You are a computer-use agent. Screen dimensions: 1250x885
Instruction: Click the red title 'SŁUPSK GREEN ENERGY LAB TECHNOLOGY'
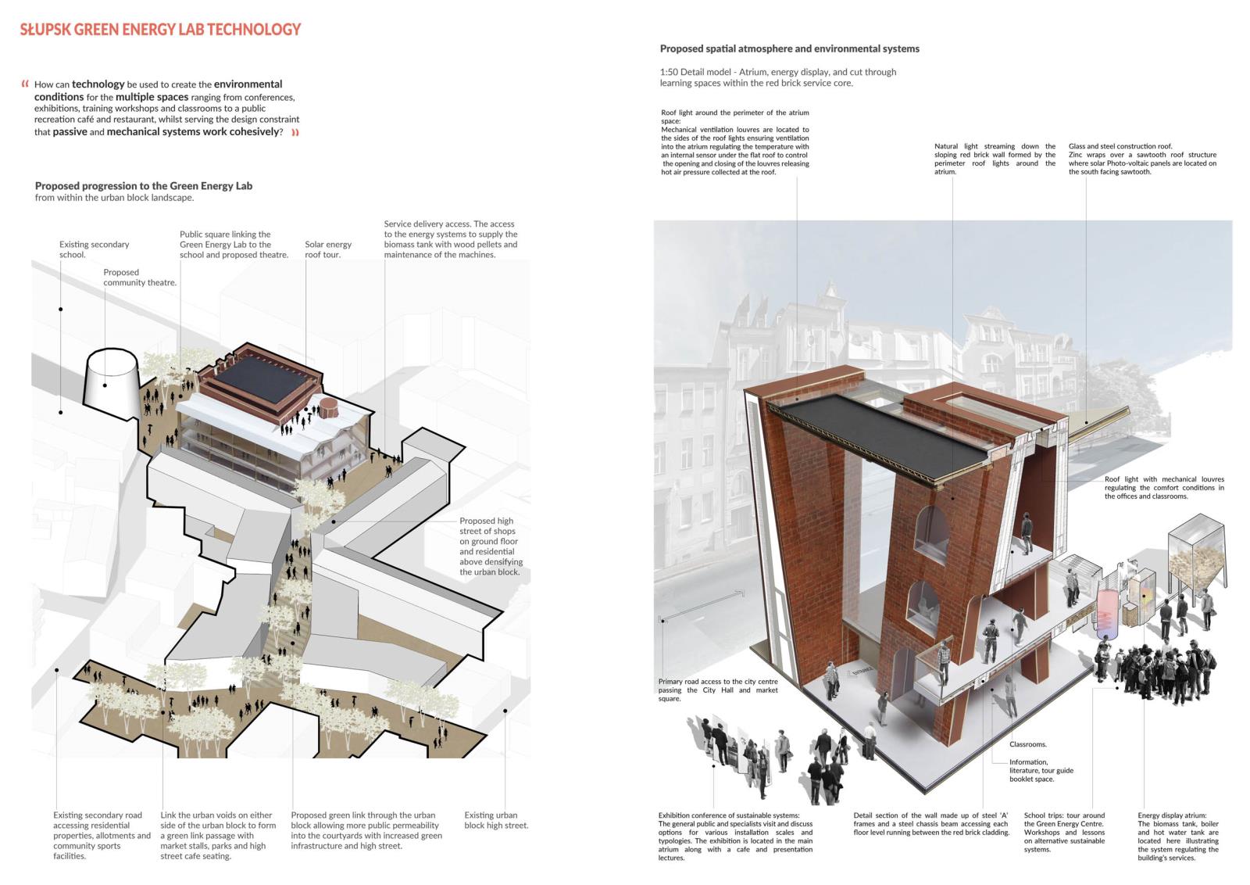(160, 30)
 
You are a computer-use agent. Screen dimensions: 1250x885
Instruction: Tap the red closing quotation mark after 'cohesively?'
(296, 132)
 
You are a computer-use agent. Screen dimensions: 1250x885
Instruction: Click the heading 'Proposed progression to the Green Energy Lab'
(144, 186)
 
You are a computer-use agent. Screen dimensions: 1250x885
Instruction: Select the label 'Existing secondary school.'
(94, 249)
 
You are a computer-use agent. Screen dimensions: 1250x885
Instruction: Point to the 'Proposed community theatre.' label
(140, 277)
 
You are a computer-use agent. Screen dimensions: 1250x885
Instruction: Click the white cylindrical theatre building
(112, 383)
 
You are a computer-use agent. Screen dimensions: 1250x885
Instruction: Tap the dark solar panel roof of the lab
(260, 378)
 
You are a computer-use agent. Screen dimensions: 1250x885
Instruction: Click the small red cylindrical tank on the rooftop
(328, 407)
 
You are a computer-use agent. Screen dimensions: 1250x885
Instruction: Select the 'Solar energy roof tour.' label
(328, 249)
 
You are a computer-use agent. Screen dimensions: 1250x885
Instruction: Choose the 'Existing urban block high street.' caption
(496, 820)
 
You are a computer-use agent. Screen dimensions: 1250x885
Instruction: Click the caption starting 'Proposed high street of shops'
(491, 546)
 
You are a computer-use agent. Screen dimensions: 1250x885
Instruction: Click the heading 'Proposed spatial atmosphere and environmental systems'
(790, 49)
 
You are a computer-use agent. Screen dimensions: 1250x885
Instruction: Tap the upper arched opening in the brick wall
(932, 530)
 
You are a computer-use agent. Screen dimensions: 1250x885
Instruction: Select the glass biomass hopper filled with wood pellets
(1196, 556)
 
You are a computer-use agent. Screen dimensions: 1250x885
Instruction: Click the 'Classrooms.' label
(1028, 744)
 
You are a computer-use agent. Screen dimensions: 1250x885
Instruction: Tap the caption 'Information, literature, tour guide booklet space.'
(1041, 771)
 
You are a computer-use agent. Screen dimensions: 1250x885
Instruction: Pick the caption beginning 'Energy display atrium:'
(1178, 837)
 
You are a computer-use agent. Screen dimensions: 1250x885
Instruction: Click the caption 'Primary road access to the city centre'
(718, 682)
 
